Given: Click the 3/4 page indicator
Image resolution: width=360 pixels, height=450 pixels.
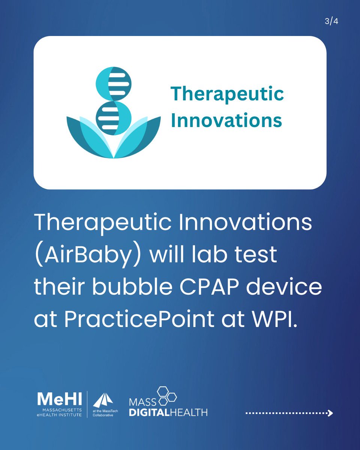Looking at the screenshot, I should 331,21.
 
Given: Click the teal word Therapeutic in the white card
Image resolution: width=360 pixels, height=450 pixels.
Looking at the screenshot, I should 227,94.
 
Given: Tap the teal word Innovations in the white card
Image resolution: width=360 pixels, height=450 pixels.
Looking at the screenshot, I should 226,120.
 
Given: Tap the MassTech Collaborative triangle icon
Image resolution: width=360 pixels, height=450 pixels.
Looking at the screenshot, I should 103,400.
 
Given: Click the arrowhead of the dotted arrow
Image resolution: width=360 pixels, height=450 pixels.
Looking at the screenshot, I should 330,413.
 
